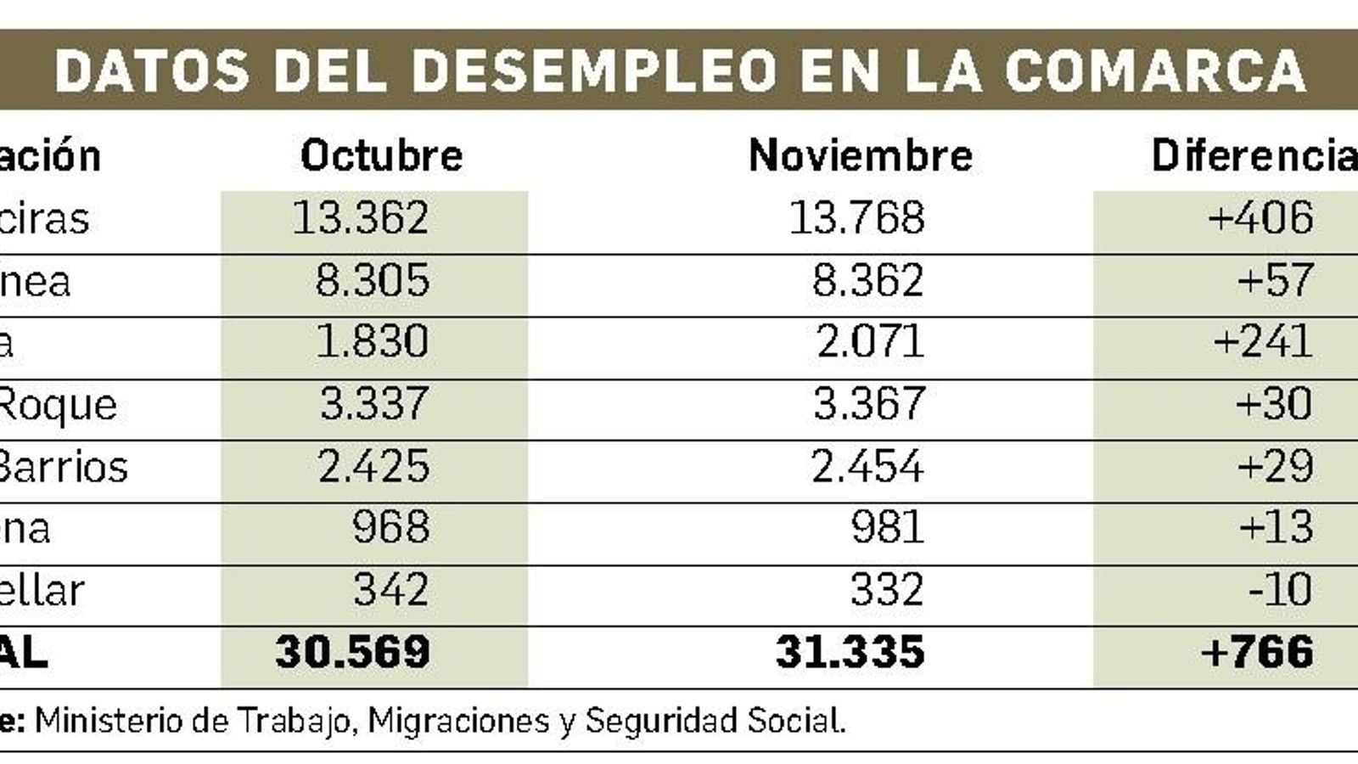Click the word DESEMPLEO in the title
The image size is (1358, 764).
tap(593, 70)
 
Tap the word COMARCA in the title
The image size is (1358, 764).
tap(1154, 70)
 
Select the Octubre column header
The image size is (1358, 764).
tap(381, 155)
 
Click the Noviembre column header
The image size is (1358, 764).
tap(860, 155)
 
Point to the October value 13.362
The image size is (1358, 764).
tap(360, 218)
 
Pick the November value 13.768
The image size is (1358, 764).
tap(856, 218)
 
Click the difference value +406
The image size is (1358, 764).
tap(1260, 218)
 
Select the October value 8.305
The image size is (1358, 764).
tap(373, 281)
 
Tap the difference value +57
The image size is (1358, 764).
tap(1276, 281)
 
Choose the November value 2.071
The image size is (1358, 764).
tap(870, 342)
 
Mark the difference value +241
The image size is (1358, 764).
tap(1263, 342)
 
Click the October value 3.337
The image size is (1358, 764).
tap(374, 404)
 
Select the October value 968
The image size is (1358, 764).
tap(390, 528)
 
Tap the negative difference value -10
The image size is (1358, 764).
tap(1281, 590)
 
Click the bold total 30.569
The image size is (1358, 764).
tap(352, 652)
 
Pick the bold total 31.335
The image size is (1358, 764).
tap(850, 652)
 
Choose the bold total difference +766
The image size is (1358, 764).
tap(1258, 652)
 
